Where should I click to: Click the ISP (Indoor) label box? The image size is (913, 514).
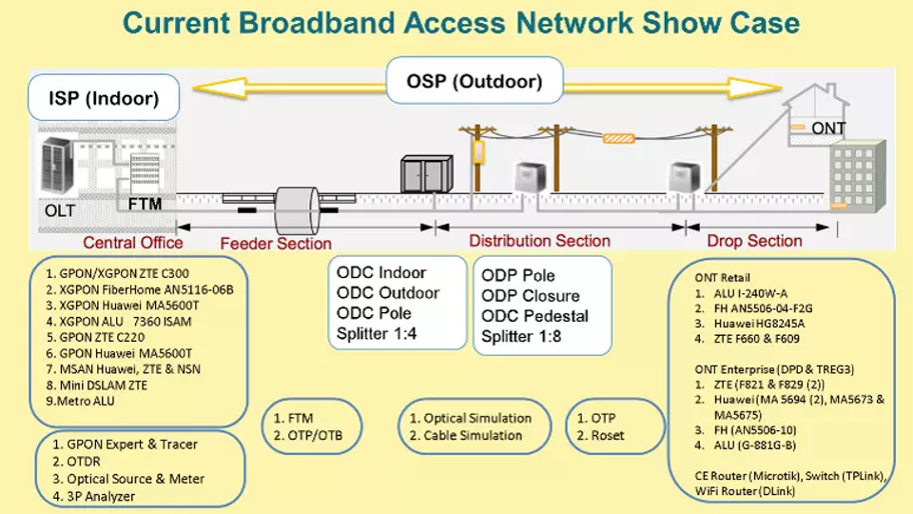(x=104, y=98)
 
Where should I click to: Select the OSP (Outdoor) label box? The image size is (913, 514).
(x=474, y=81)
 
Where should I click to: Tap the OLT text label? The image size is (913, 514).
(x=59, y=209)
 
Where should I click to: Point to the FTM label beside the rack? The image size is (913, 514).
(x=146, y=204)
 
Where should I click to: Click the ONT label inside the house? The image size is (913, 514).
(x=828, y=128)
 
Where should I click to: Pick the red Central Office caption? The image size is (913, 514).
(x=132, y=243)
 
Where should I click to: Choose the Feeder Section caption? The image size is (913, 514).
(x=276, y=244)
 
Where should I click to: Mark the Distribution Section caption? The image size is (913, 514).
(x=539, y=241)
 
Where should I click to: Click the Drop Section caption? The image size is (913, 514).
(x=754, y=241)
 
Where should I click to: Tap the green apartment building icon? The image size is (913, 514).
(x=857, y=181)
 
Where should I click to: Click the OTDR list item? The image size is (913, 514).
(x=77, y=462)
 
